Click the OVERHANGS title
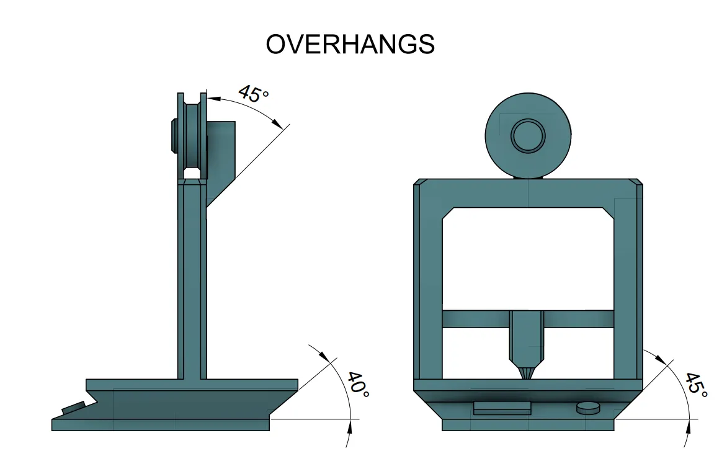click(350, 44)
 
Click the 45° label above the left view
click(253, 94)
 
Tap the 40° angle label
click(359, 385)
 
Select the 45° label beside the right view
click(696, 385)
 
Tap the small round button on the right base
click(588, 408)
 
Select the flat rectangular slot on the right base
click(502, 408)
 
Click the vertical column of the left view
click(192, 280)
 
